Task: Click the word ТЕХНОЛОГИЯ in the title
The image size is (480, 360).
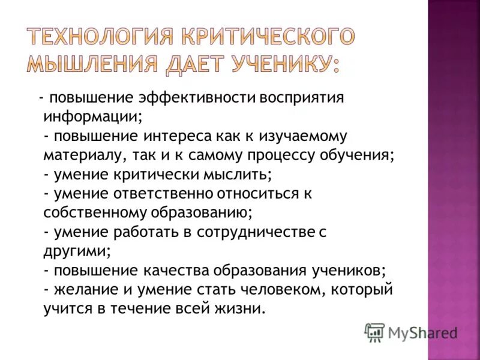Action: [x=98, y=38]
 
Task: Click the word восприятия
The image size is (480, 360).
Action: [x=301, y=98]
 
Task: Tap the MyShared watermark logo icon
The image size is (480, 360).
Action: [x=375, y=332]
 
